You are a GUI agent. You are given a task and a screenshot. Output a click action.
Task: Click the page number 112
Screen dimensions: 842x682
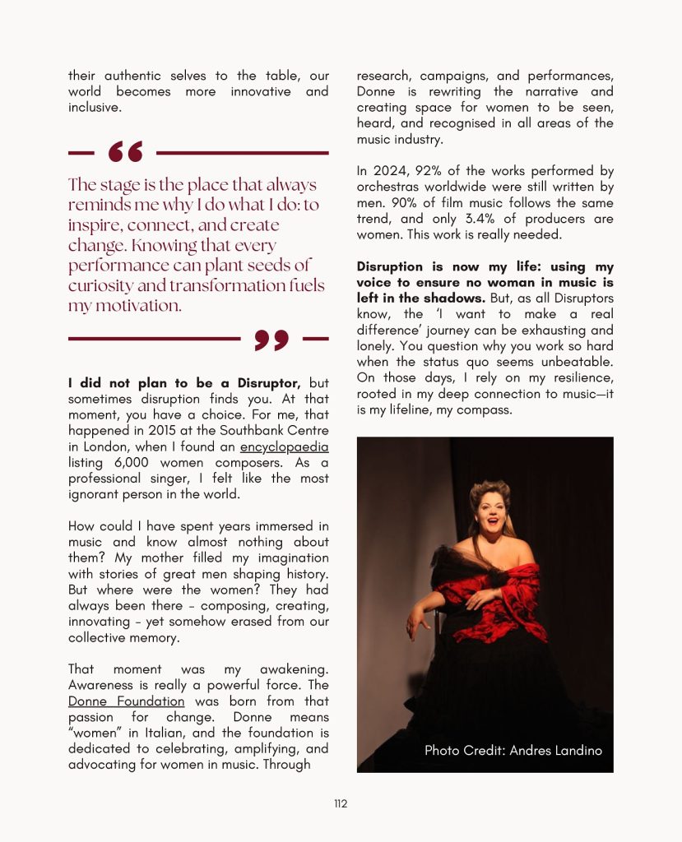point(341,803)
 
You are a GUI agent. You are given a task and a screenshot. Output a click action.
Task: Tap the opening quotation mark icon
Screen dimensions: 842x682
point(125,152)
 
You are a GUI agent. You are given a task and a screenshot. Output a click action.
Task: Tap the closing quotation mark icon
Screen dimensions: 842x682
point(271,339)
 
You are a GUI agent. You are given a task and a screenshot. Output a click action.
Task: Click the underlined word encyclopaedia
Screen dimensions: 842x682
point(284,446)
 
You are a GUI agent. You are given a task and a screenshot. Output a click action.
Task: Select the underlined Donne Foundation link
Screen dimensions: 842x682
point(126,701)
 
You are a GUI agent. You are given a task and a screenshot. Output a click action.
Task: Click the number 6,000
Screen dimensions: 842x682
point(119,462)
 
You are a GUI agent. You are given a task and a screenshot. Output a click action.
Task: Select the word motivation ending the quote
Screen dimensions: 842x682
point(123,306)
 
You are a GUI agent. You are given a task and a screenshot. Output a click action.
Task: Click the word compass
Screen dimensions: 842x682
point(485,409)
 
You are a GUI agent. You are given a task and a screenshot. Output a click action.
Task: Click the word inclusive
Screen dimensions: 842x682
point(94,108)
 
